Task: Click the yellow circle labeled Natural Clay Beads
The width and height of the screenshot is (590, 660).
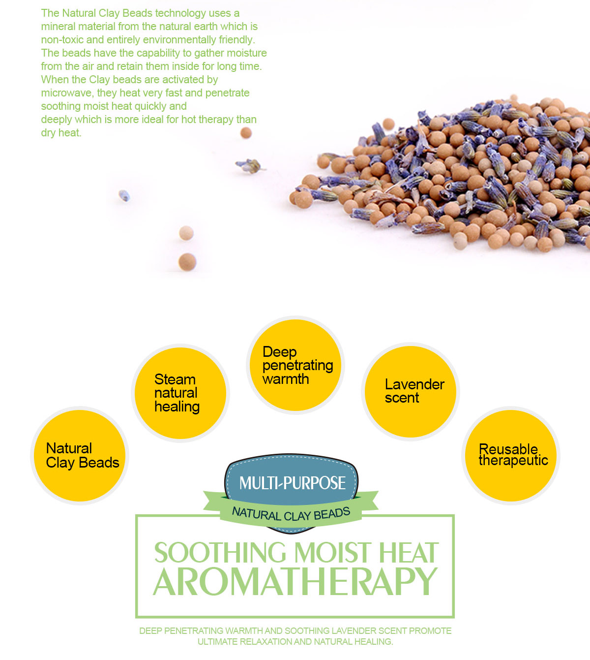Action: [x=80, y=455]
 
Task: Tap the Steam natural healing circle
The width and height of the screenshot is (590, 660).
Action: [x=180, y=393]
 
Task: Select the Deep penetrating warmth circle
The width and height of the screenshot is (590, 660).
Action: [x=295, y=365]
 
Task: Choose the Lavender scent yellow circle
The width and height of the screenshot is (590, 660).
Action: [x=411, y=392]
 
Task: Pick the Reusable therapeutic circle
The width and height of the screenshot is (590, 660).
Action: [x=510, y=455]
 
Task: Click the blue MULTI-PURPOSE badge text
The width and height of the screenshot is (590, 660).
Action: [x=292, y=483]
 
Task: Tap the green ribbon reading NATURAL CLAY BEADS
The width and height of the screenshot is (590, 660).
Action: [x=291, y=514]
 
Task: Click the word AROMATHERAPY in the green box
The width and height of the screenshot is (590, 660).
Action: [x=295, y=582]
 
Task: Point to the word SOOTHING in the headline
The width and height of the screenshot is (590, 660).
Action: [x=220, y=552]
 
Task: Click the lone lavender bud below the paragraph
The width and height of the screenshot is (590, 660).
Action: [x=250, y=166]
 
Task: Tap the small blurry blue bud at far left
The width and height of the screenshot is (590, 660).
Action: [x=124, y=195]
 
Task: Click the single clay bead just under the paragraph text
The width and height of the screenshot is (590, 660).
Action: [x=246, y=132]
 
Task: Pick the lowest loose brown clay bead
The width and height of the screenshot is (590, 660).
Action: [x=187, y=262]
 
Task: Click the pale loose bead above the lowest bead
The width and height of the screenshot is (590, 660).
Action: [x=186, y=233]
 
